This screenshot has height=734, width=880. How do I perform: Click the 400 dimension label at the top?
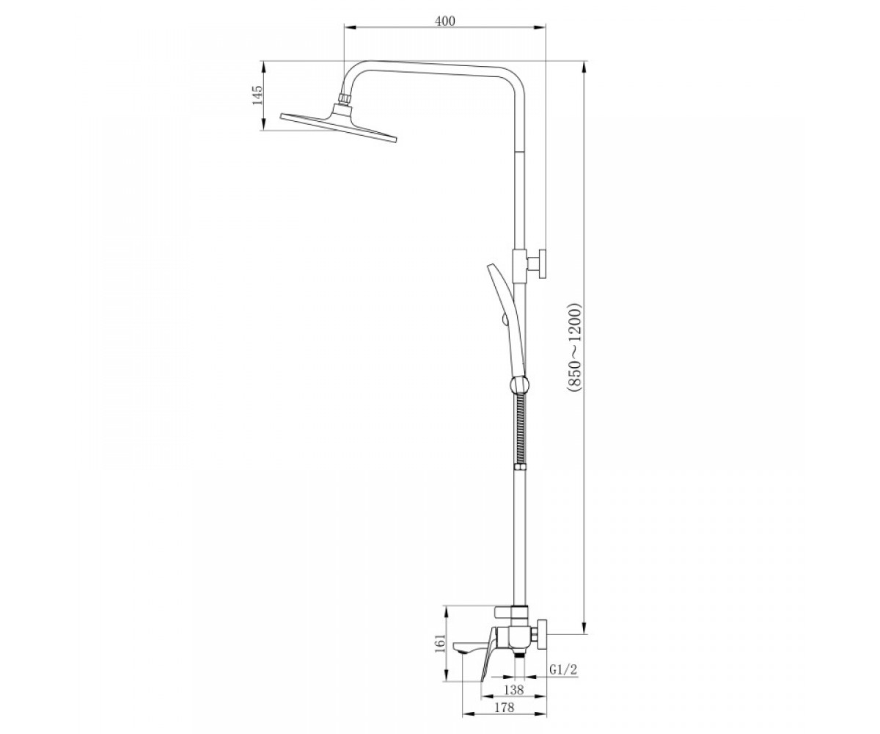point(445,21)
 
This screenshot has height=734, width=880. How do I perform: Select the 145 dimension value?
point(257,95)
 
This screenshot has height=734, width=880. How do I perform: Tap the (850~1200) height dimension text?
point(574,348)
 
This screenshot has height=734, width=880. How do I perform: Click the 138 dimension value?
point(514,690)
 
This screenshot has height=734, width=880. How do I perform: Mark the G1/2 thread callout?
point(563,670)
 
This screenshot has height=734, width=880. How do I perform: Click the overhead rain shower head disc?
point(339,128)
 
